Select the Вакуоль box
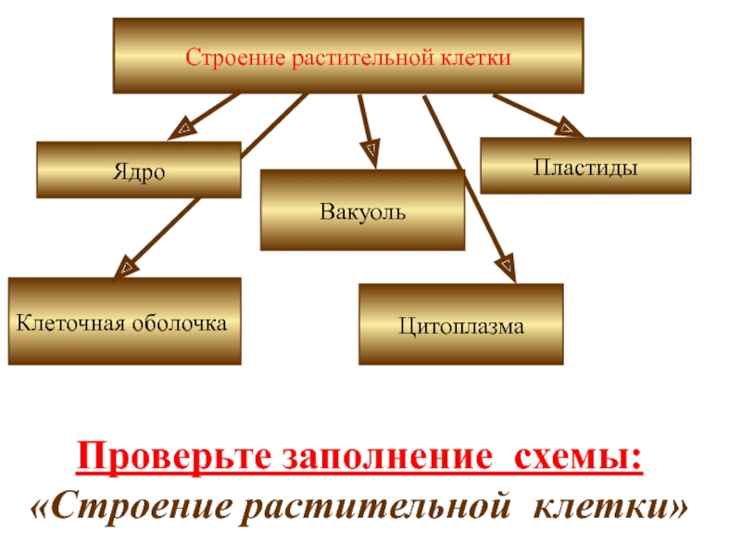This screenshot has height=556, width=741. (362, 210)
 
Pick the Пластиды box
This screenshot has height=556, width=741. (584, 166)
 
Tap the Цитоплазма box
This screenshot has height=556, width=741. (461, 324)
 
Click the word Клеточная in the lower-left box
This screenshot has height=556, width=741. (71, 322)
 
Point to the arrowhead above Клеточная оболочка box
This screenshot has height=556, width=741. (123, 267)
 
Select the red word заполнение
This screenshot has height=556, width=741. (370, 457)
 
